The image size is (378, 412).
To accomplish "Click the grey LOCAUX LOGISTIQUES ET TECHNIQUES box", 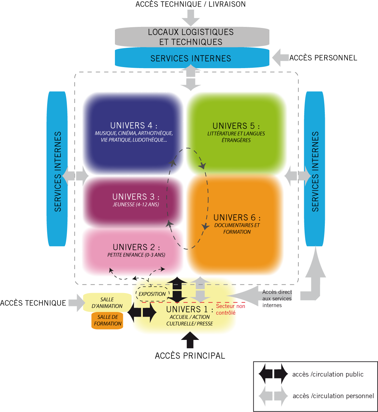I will (x=192, y=37).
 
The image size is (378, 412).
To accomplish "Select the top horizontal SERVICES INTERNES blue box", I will (x=192, y=58).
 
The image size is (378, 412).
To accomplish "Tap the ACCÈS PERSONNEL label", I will (x=323, y=58).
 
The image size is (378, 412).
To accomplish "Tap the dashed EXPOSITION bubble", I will (x=152, y=294).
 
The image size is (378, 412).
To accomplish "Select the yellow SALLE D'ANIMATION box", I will (x=107, y=303).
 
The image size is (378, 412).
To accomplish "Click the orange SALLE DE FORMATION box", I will (x=107, y=320).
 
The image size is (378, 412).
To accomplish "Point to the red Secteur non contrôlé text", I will (x=231, y=309).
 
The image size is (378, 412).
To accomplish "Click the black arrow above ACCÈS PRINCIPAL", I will (x=190, y=340).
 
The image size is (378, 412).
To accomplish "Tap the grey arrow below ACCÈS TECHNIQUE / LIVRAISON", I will (x=191, y=18).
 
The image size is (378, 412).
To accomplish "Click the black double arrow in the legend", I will (x=273, y=374).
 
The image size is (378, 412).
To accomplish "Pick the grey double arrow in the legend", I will (x=273, y=396).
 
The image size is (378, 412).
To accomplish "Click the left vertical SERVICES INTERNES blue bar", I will (x=57, y=169).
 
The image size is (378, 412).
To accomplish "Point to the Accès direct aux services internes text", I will (x=277, y=299).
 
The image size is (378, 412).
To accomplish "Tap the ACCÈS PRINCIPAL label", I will (x=190, y=356).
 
